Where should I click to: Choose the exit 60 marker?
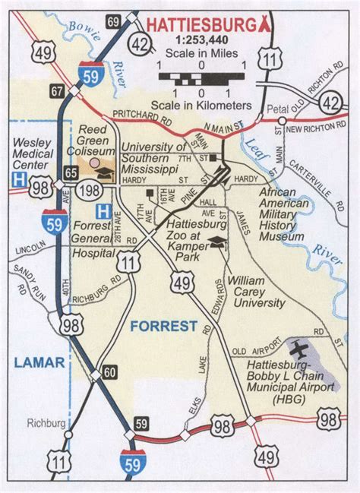pos(111,372)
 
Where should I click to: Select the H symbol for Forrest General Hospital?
pos(100,210)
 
